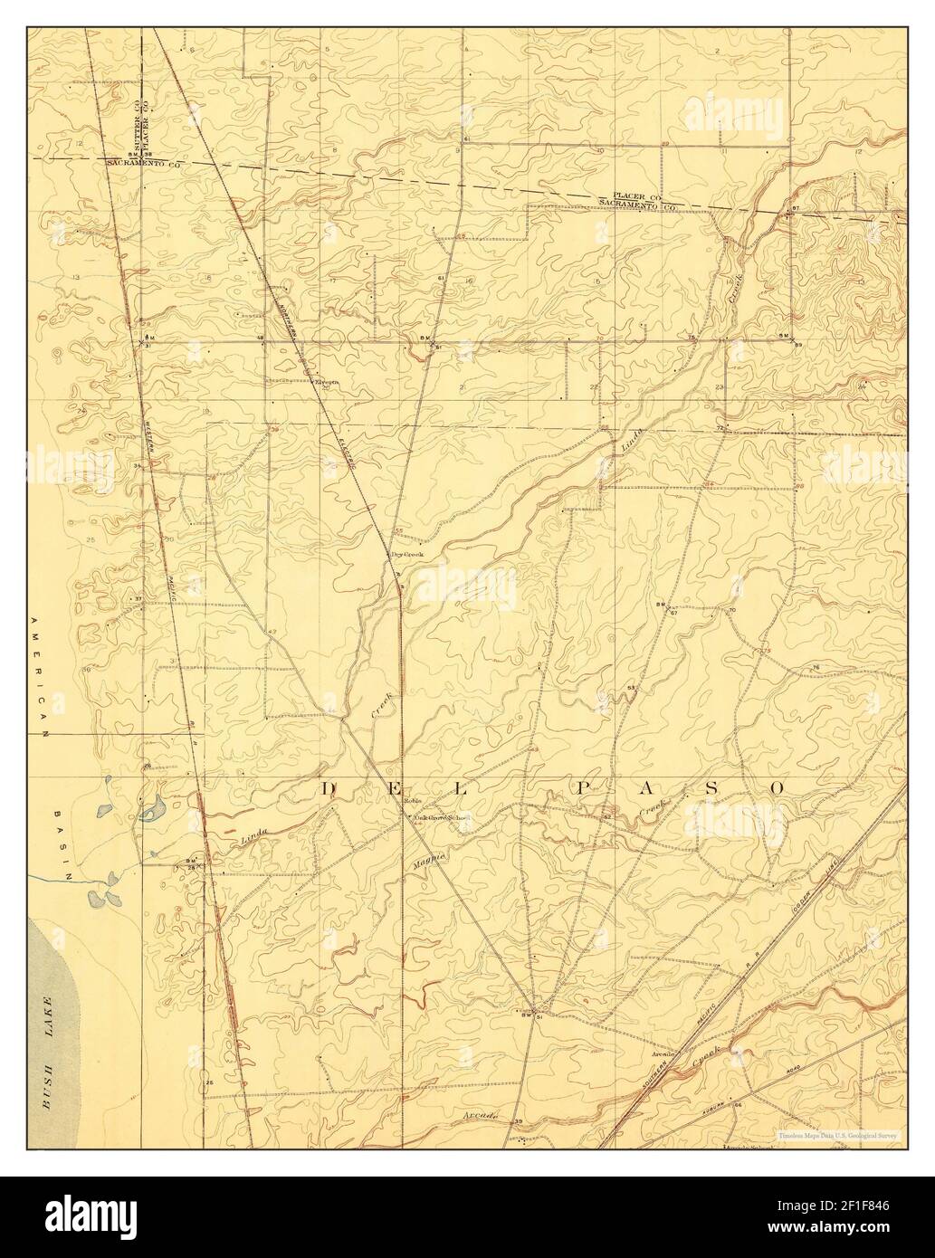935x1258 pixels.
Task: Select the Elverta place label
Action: coord(326,382)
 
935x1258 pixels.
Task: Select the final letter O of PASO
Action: coord(778,788)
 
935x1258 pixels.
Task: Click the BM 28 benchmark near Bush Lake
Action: coord(192,863)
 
